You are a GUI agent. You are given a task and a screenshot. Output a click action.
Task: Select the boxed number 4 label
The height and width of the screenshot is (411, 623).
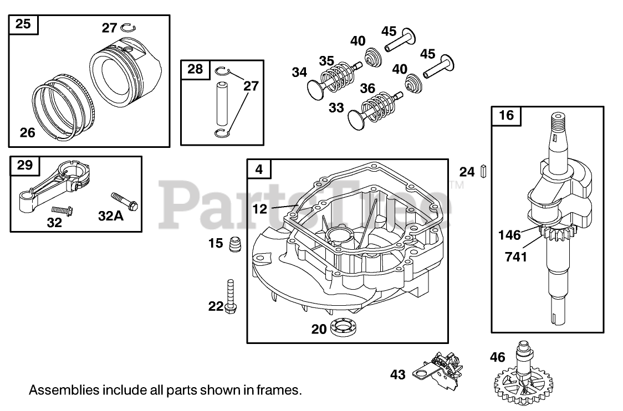click(x=259, y=169)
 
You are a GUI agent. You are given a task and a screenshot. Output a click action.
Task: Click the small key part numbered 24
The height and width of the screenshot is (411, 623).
click(x=483, y=171)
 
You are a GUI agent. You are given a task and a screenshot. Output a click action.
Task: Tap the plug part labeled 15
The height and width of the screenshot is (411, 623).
click(x=235, y=243)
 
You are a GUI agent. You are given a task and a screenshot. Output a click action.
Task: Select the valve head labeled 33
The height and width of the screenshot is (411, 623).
click(x=355, y=117)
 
